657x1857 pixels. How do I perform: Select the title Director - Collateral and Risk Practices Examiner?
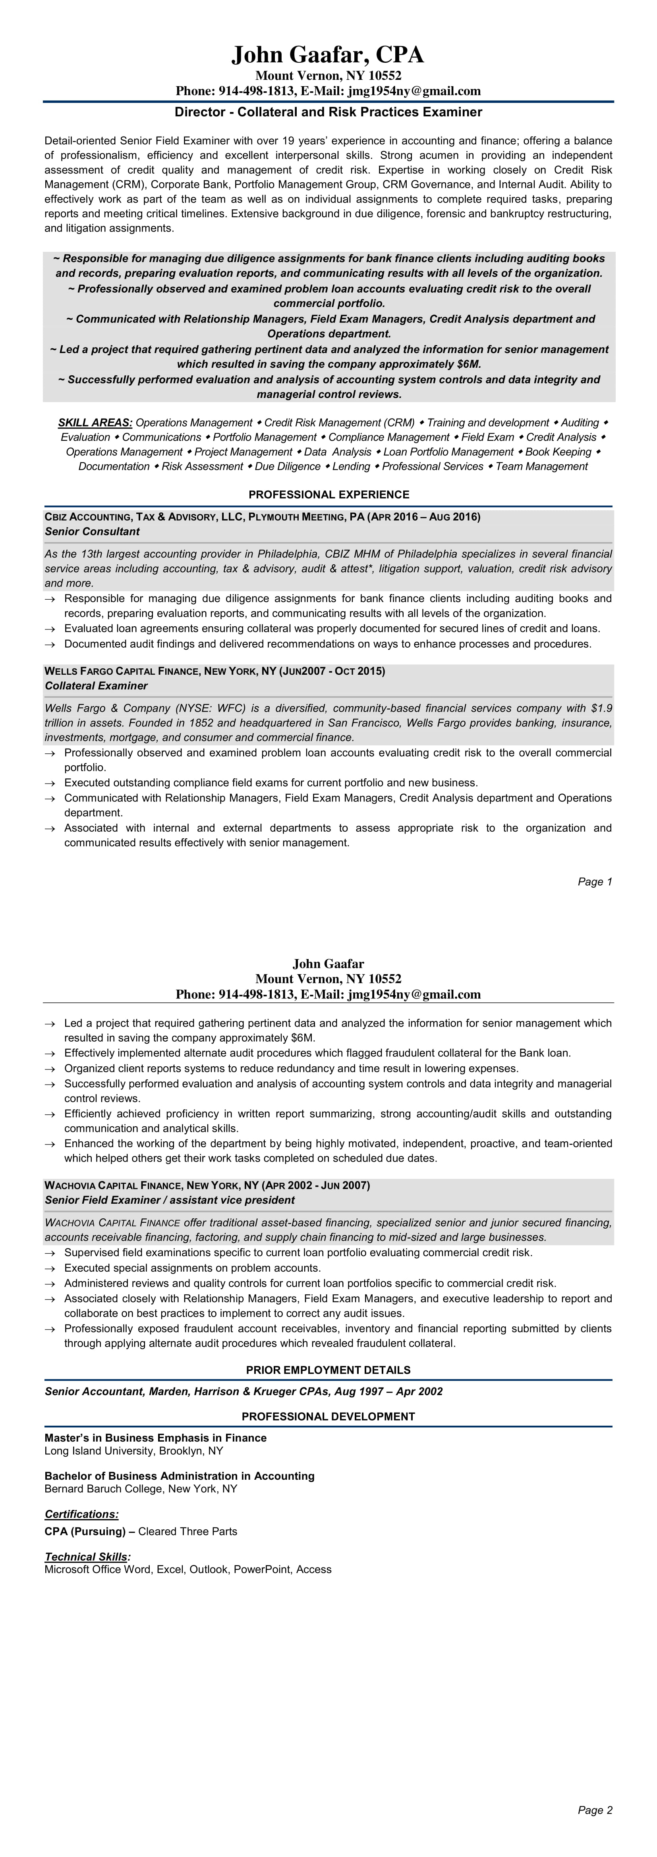click(x=328, y=112)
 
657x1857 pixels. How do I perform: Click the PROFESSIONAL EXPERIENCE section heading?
click(x=328, y=494)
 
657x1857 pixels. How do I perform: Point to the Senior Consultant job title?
click(x=92, y=531)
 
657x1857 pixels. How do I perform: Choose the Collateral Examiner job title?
click(x=96, y=685)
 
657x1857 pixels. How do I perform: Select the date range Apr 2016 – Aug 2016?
click(x=424, y=517)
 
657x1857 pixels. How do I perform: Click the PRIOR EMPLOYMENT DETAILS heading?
click(x=328, y=1370)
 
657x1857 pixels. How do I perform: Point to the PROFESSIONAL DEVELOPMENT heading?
click(x=328, y=1417)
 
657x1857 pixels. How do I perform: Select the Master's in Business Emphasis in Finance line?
click(x=156, y=1438)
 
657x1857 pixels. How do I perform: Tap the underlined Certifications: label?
click(x=81, y=1514)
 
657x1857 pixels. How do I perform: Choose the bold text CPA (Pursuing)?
click(x=85, y=1531)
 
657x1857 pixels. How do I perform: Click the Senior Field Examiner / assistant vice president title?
click(x=170, y=1200)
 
